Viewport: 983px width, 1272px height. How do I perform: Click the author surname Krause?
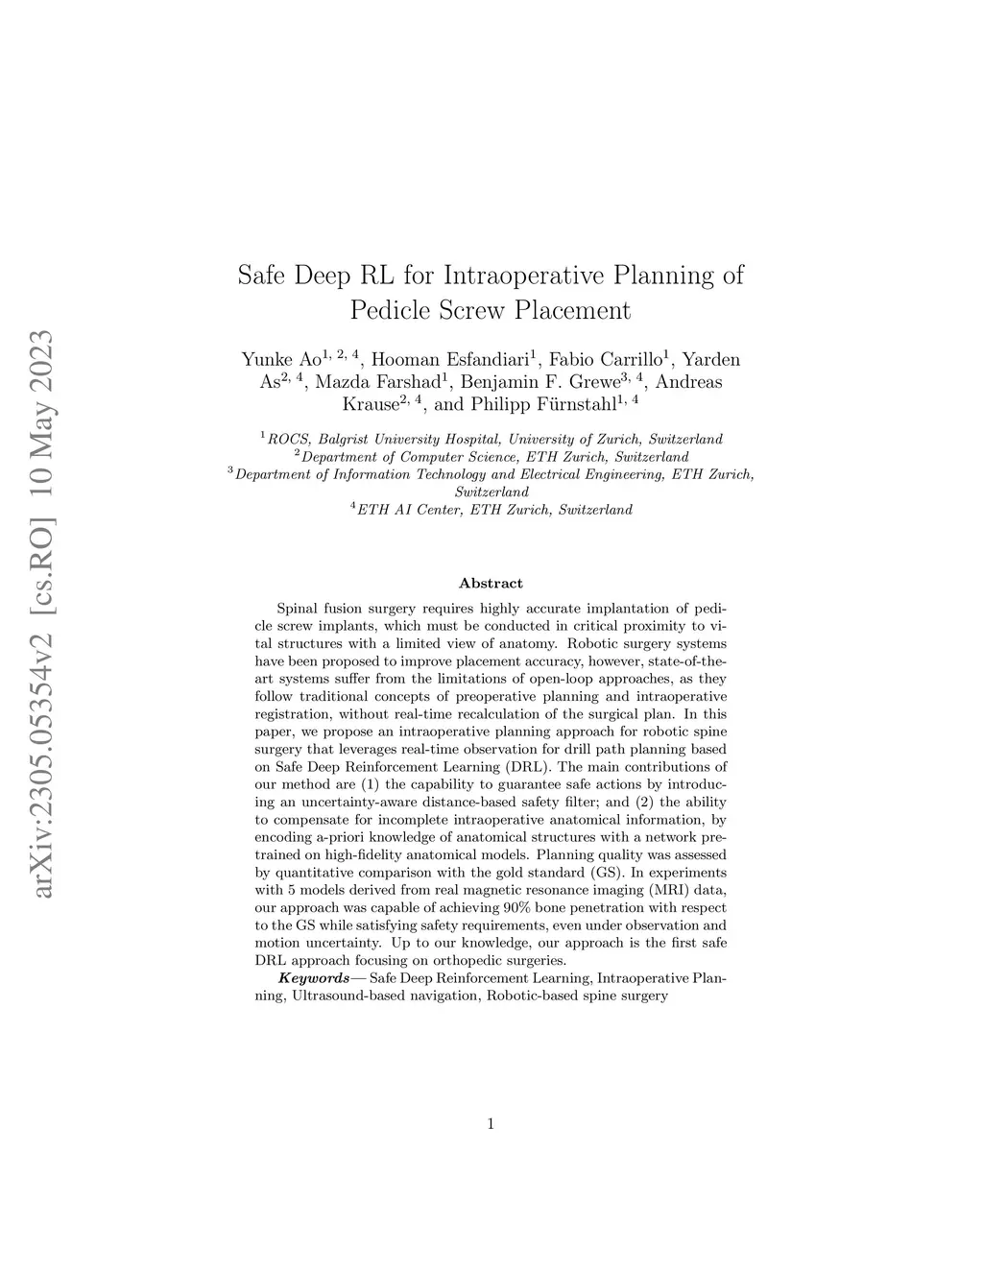click(372, 404)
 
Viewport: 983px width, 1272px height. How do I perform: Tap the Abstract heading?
click(491, 583)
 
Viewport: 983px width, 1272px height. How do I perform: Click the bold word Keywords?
click(314, 977)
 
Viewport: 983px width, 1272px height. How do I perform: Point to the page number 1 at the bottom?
click(491, 1124)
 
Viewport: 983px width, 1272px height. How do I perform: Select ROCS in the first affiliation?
click(287, 440)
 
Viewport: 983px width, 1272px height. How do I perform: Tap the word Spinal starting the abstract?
click(298, 608)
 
